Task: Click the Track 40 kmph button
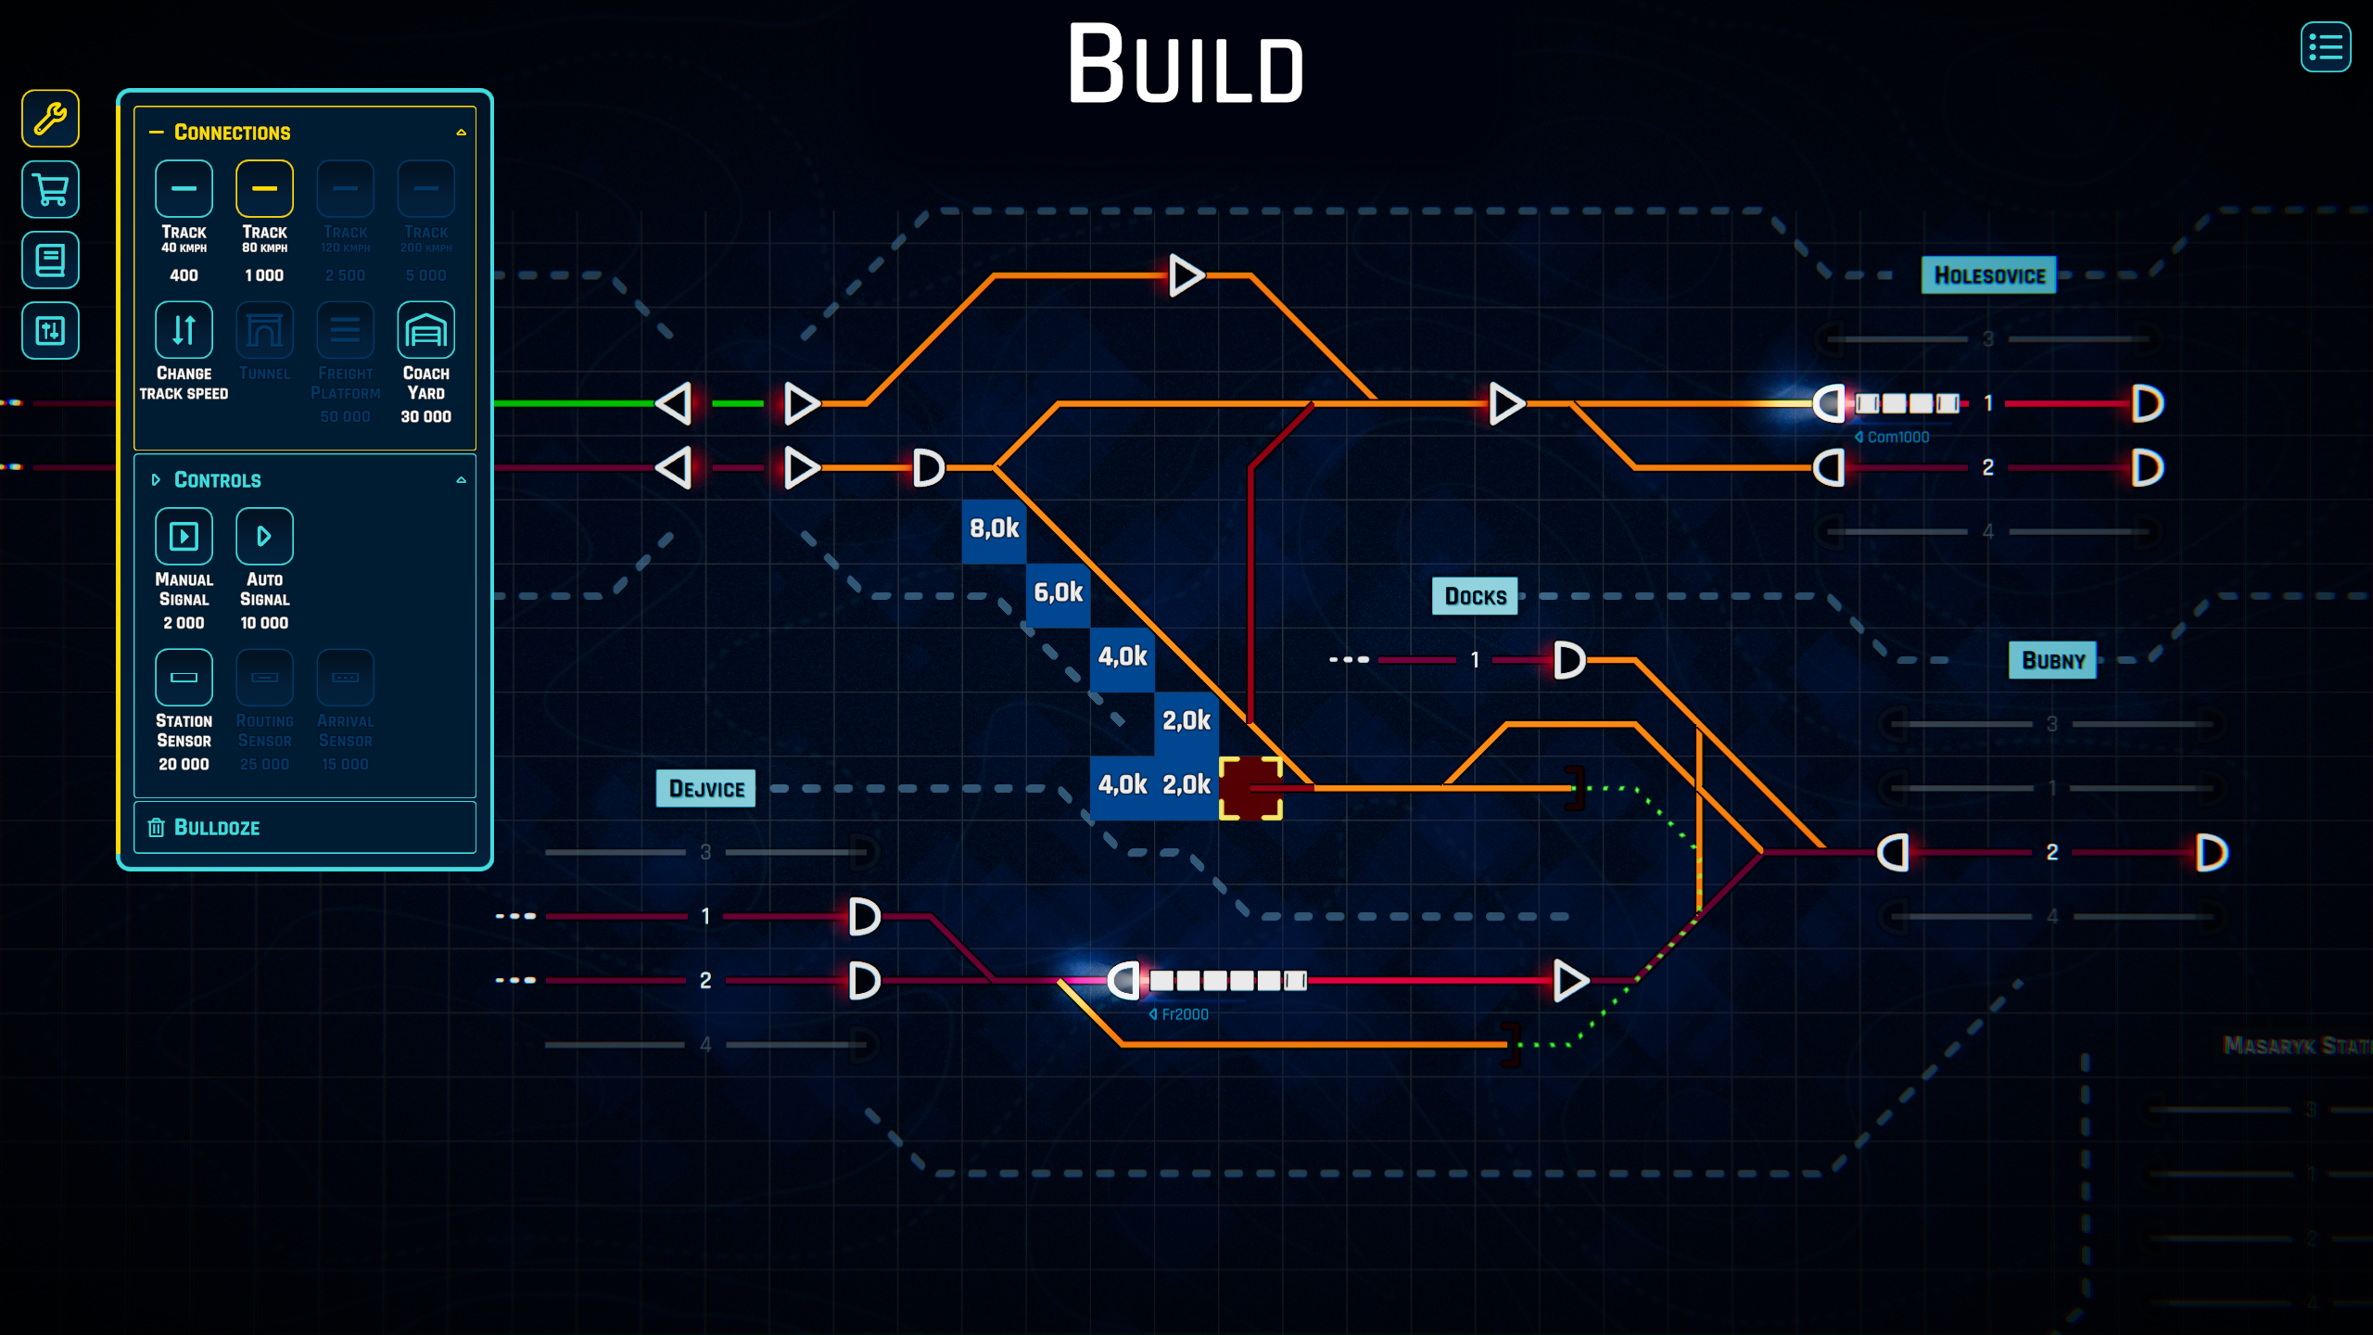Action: click(184, 189)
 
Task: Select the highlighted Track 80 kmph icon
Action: click(264, 189)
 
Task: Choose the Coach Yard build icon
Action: click(425, 330)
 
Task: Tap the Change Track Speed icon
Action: click(184, 330)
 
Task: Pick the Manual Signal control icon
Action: click(184, 536)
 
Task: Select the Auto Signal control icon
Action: click(264, 536)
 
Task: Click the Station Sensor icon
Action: click(184, 678)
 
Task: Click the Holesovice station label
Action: click(1988, 275)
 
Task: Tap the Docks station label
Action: click(1475, 596)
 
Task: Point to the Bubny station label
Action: click(2052, 660)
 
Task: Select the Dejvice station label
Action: click(705, 789)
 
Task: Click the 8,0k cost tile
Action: click(994, 529)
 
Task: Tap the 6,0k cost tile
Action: click(1058, 593)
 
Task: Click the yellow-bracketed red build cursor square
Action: click(1250, 788)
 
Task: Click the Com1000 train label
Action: click(1896, 437)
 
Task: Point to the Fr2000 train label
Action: click(1182, 1014)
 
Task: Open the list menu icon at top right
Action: click(2325, 47)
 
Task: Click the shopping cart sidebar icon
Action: click(50, 190)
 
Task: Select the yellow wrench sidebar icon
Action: click(50, 119)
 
